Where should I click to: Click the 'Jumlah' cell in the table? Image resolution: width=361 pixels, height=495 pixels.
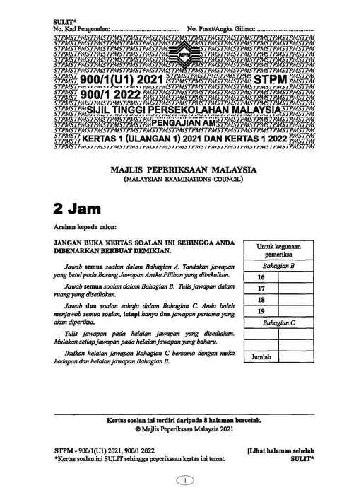tap(262, 359)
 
